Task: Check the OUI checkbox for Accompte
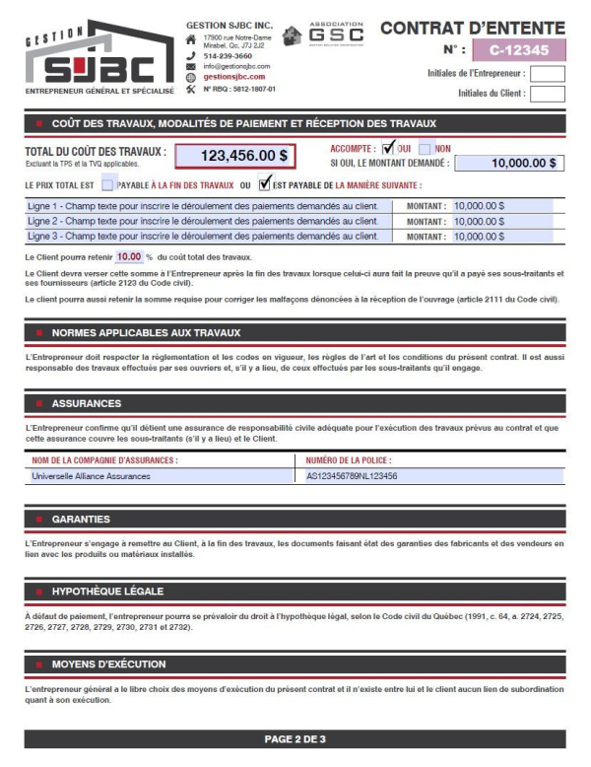point(388,148)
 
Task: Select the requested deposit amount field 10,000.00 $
point(509,164)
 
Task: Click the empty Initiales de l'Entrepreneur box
point(548,73)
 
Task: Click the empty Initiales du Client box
point(548,94)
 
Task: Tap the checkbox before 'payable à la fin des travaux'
point(107,184)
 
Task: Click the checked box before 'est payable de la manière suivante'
point(264,183)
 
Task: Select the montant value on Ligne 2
point(479,221)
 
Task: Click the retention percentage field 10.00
point(129,256)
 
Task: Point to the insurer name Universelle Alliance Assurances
point(92,475)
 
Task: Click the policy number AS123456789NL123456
point(352,475)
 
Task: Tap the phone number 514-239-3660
point(228,56)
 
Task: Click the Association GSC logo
point(323,35)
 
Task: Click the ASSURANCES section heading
point(87,403)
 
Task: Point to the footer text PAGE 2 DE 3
point(295,738)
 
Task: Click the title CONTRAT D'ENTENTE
point(473,28)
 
